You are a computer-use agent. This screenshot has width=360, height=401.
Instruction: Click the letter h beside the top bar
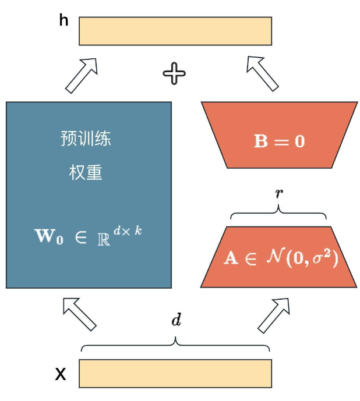(x=64, y=21)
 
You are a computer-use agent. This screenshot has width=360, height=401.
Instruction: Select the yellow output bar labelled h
(x=175, y=31)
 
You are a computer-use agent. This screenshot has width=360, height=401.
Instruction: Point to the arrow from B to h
(x=263, y=72)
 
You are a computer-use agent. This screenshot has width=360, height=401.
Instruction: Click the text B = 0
(x=279, y=141)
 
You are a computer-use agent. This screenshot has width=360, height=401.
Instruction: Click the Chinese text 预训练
(x=86, y=139)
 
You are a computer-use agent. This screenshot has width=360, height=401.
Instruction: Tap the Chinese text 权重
(x=86, y=173)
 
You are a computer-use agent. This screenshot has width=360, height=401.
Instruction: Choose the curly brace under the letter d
(x=175, y=345)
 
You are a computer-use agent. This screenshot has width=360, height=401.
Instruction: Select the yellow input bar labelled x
(x=175, y=373)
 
